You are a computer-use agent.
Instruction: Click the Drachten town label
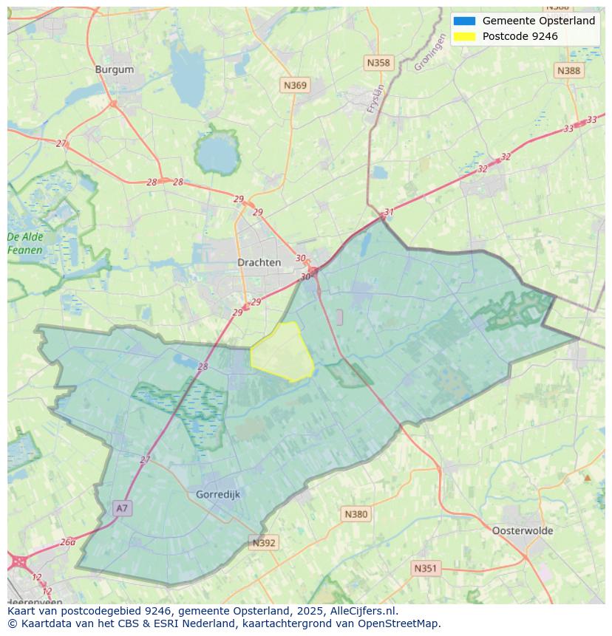coord(259,262)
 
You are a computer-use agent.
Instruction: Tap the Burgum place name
coord(115,69)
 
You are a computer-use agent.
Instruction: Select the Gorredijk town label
coord(218,494)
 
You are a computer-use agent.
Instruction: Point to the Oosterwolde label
coord(523,530)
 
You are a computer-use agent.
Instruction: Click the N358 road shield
coord(378,63)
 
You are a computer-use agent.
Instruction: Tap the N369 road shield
coord(295,86)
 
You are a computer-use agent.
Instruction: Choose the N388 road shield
coord(568,70)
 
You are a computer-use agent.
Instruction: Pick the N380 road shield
coord(356,514)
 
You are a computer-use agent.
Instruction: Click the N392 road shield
coord(264,543)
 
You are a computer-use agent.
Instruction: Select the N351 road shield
coord(425,568)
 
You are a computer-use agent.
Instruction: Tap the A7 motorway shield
coord(122,508)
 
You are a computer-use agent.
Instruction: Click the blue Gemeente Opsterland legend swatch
coord(464,21)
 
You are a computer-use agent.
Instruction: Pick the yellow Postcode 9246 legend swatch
coord(464,36)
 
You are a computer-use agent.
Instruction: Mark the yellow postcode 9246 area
coord(283,352)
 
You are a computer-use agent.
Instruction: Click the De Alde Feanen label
coord(25,244)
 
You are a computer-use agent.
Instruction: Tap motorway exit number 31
coord(389,212)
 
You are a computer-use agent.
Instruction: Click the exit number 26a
coord(67,541)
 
